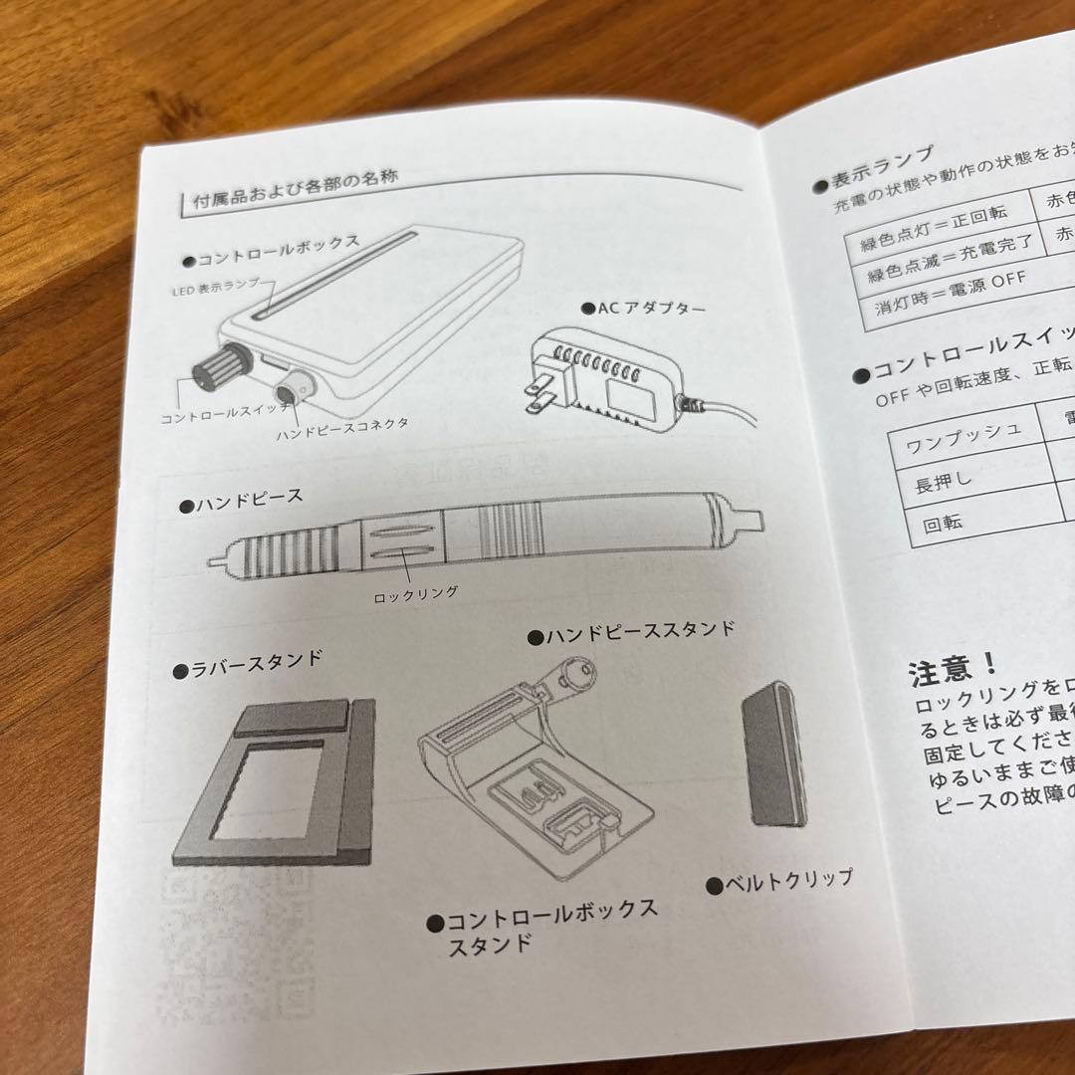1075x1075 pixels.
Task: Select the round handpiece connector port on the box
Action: [x=297, y=386]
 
